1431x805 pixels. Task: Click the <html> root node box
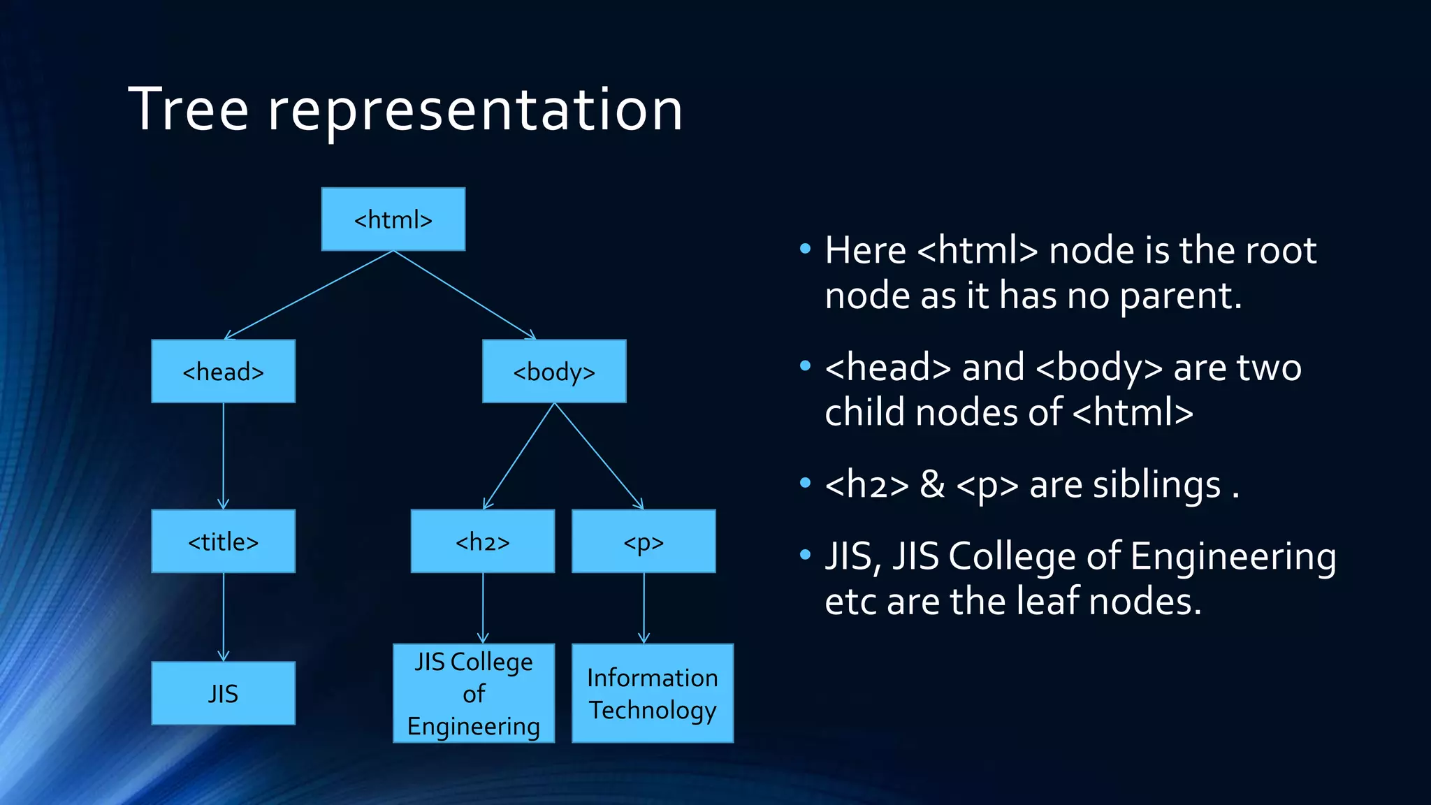coord(393,219)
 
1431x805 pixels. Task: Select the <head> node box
coord(223,371)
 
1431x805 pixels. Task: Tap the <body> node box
coord(554,371)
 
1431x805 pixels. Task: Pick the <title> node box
coord(223,542)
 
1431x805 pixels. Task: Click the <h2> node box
coord(482,542)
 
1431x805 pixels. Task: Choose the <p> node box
coord(644,542)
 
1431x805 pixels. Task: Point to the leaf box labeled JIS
coord(223,693)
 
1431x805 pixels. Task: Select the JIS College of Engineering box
coord(474,693)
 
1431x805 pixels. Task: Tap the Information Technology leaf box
coord(653,693)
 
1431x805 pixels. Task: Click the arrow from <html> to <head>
coord(309,296)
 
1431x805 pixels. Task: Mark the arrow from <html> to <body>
coord(465,296)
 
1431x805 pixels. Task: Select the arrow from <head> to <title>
coord(223,456)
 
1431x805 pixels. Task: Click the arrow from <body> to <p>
coord(599,456)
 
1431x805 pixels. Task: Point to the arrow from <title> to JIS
coord(223,616)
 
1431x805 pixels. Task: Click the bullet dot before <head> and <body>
coord(805,365)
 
